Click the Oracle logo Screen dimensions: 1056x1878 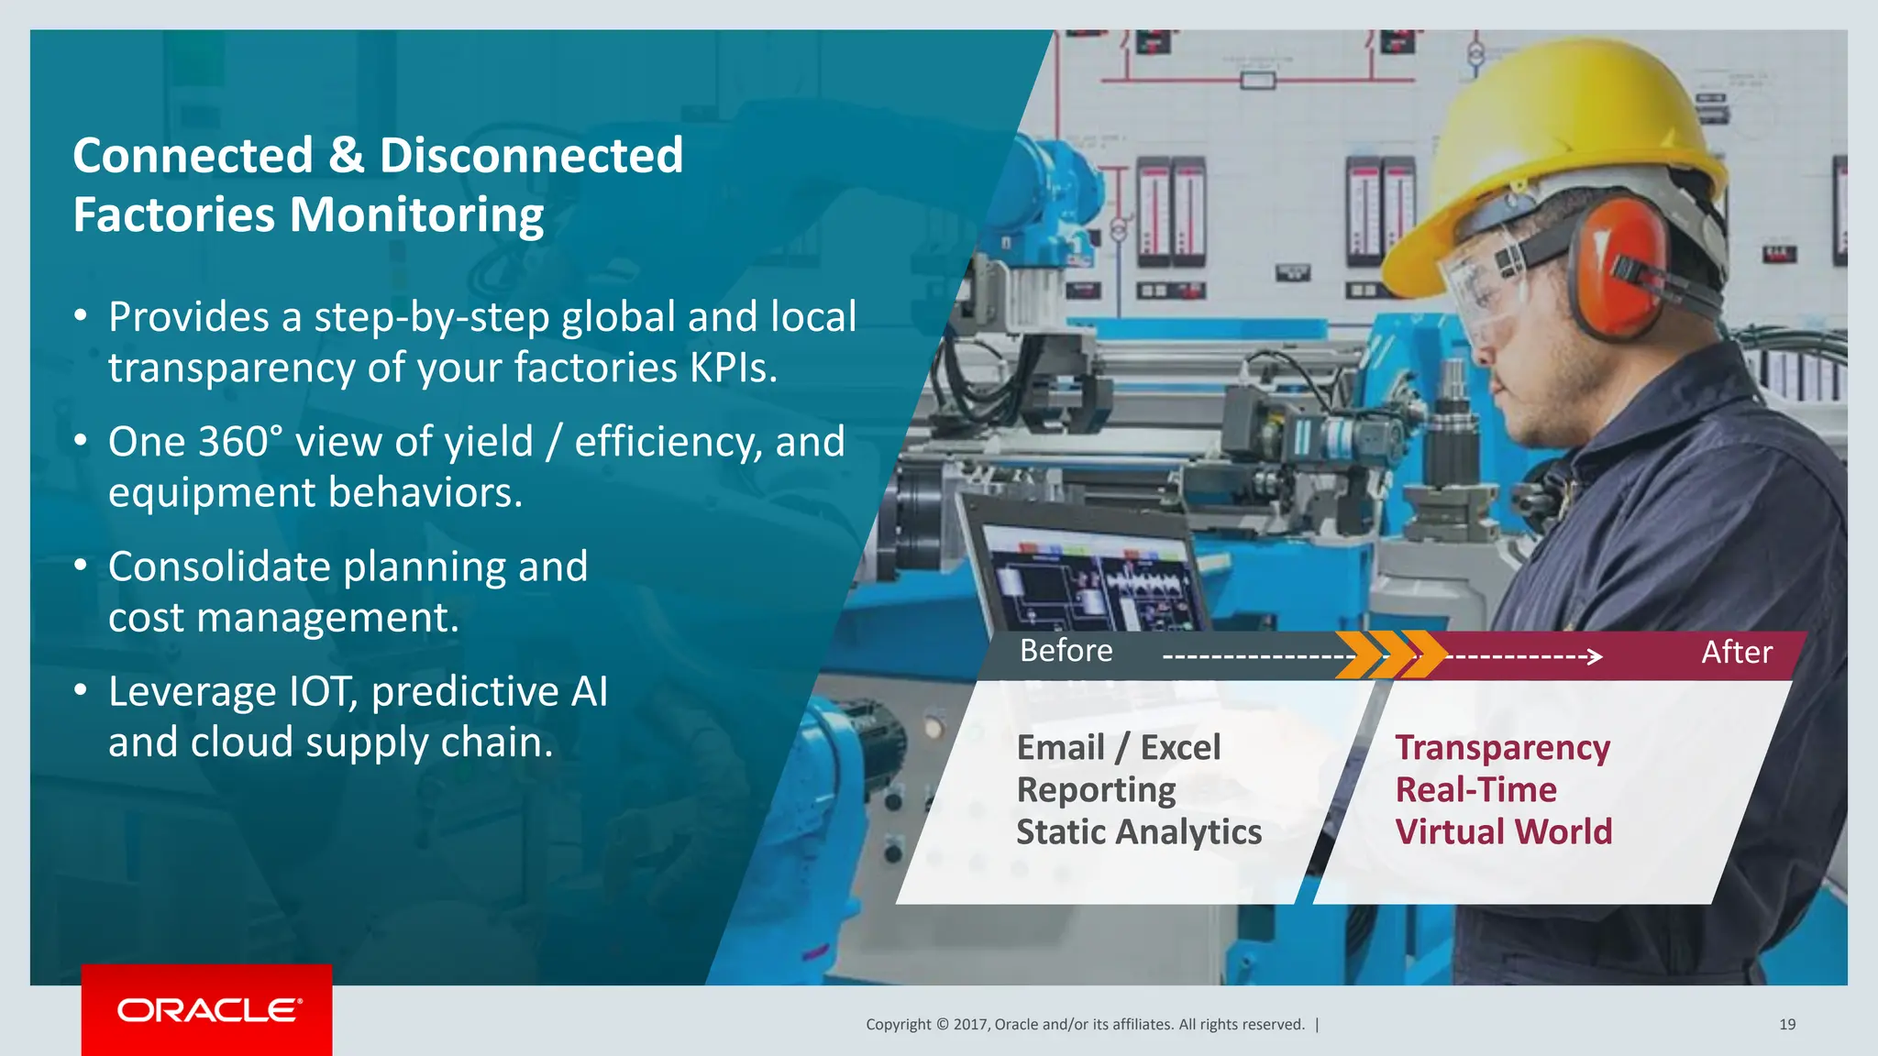click(x=208, y=1010)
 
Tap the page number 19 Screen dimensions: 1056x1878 click(x=1786, y=1024)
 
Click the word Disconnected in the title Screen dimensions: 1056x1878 click(x=531, y=155)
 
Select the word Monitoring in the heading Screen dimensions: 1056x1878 click(x=416, y=214)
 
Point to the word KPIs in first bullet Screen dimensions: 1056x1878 click(x=733, y=368)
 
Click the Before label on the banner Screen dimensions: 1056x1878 click(x=1066, y=651)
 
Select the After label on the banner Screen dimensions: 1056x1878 click(x=1736, y=653)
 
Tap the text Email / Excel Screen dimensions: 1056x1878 click(x=1118, y=747)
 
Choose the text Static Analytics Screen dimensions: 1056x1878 click(x=1138, y=832)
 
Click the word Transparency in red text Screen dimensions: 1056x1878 click(x=1502, y=748)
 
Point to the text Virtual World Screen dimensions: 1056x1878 click(x=1503, y=832)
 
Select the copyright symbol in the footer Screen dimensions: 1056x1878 click(x=942, y=1025)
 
